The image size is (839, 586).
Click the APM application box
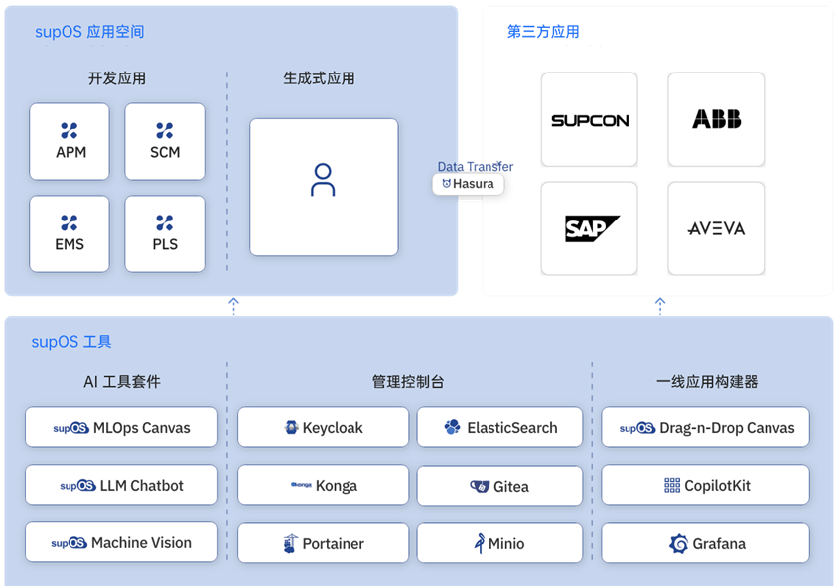tap(70, 141)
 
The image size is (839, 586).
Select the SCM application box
tap(165, 141)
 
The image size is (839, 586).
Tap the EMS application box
tap(70, 233)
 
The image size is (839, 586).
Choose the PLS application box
tap(165, 233)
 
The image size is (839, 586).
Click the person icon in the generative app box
tap(323, 180)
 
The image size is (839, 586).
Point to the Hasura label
tap(469, 184)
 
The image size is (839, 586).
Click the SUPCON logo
tap(590, 121)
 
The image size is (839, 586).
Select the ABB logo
tap(717, 119)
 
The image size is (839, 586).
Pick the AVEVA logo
tap(717, 229)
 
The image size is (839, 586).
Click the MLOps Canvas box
tap(121, 427)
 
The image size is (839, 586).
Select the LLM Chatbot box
tap(121, 485)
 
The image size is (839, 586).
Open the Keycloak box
tap(323, 427)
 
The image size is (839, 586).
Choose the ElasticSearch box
tap(499, 427)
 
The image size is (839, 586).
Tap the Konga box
tap(323, 485)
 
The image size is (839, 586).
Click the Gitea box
tap(499, 486)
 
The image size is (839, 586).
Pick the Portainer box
tap(323, 543)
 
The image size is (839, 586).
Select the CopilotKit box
tap(705, 485)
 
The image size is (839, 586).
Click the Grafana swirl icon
tap(678, 543)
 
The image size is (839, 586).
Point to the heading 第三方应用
tap(543, 32)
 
